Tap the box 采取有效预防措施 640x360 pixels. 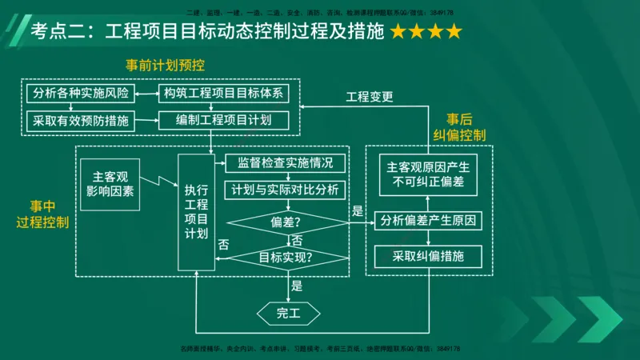(x=80, y=121)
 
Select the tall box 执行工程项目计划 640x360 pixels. (x=197, y=212)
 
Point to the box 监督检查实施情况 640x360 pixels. (x=286, y=164)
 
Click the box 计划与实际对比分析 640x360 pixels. (x=286, y=190)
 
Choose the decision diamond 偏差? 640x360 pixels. (x=286, y=221)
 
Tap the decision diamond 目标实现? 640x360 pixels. (x=286, y=258)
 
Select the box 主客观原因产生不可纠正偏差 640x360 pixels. (x=429, y=176)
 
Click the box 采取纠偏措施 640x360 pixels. (x=429, y=257)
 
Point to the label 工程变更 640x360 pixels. (x=369, y=98)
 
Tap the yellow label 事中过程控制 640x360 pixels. (x=42, y=214)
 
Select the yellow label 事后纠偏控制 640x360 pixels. (x=459, y=126)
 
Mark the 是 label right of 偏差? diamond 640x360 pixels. (x=358, y=212)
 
